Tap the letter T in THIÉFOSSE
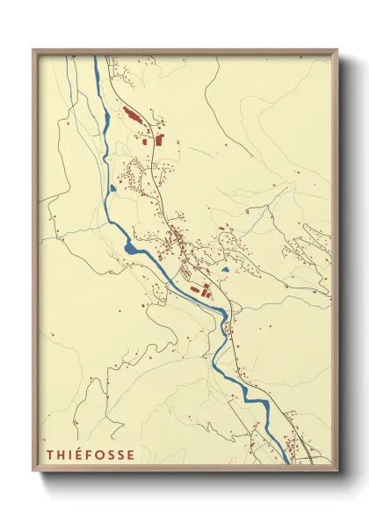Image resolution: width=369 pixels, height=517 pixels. [50, 455]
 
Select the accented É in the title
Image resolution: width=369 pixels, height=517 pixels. [79, 455]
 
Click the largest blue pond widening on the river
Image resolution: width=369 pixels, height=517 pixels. [132, 248]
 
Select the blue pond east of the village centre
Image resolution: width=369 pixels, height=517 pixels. [226, 269]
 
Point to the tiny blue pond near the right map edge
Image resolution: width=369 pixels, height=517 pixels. [314, 291]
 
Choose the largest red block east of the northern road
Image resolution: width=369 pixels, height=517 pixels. [160, 138]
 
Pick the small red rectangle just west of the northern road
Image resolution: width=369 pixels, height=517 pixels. [146, 138]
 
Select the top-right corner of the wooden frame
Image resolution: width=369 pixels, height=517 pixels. [336, 50]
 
